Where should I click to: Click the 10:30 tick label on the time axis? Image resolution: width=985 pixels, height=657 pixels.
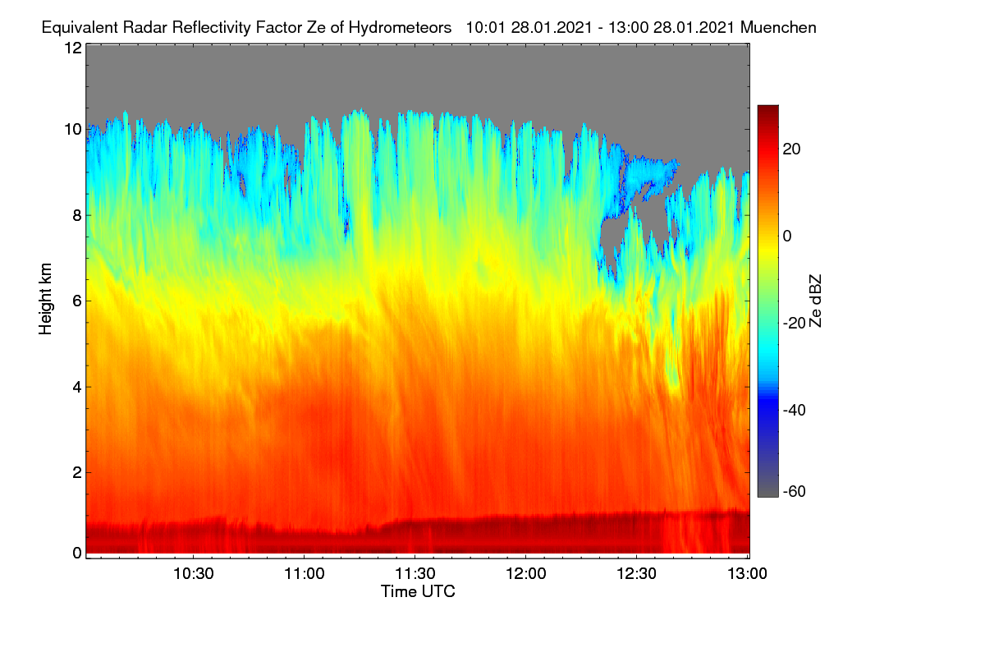[x=194, y=574]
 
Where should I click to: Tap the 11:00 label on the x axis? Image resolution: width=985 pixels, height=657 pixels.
[x=305, y=574]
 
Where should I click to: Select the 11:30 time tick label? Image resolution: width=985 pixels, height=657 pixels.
[x=415, y=574]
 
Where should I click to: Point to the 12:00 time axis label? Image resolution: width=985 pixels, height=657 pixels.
[x=526, y=574]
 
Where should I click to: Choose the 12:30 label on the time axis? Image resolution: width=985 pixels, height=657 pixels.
[x=636, y=574]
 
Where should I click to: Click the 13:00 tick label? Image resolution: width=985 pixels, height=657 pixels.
[x=747, y=574]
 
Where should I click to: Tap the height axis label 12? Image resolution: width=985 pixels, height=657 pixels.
[x=73, y=48]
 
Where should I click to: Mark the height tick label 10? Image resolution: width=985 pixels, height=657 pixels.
[x=73, y=130]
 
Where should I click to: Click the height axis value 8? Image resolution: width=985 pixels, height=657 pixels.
[x=77, y=215]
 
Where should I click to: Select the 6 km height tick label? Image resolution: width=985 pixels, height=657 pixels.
[x=77, y=301]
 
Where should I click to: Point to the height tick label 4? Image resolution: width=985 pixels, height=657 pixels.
[x=77, y=388]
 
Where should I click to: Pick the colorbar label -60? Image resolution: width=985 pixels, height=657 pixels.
[x=795, y=492]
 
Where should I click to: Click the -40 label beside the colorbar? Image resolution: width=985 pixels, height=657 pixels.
[x=795, y=410]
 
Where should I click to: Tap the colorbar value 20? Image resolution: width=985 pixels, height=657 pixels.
[x=791, y=149]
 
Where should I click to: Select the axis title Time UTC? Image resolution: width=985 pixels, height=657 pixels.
[x=418, y=591]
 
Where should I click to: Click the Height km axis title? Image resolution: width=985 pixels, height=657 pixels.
[x=45, y=299]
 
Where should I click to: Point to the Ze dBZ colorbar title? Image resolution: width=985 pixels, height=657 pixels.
[x=815, y=301]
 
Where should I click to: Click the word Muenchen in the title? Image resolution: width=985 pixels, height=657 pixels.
[x=778, y=27]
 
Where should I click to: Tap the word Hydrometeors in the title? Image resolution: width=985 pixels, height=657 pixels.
[x=401, y=28]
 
